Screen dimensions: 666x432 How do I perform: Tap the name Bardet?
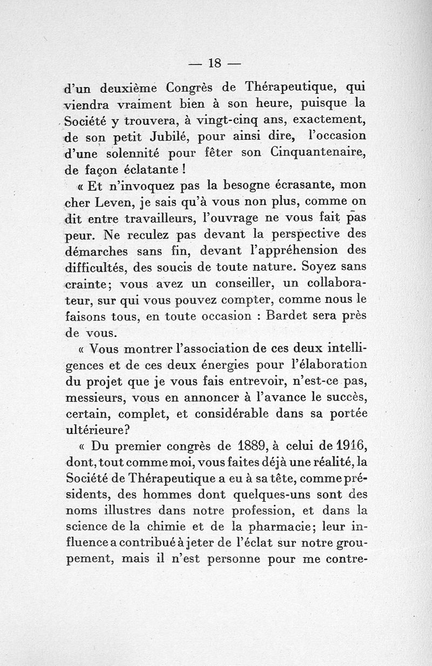click(x=291, y=316)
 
